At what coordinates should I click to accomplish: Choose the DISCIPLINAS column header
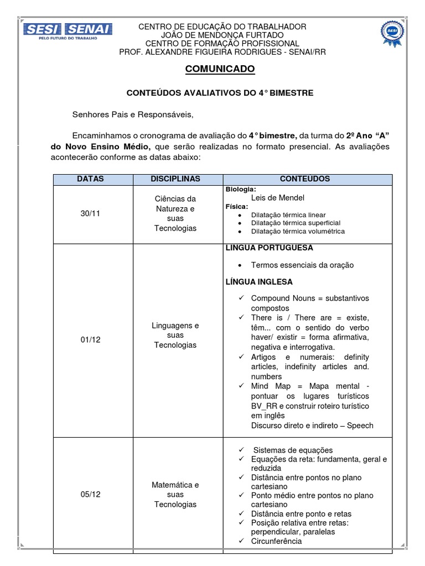[175, 179]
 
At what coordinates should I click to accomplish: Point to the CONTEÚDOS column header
[304, 179]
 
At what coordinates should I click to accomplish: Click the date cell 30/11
[90, 213]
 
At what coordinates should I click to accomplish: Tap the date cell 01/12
[90, 340]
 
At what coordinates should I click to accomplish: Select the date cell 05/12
[90, 495]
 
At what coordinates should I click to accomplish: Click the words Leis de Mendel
[277, 197]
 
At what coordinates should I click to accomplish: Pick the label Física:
[237, 206]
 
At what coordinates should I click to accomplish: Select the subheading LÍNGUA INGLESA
[259, 282]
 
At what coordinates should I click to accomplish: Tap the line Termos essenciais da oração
[302, 265]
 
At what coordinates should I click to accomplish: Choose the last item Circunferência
[276, 541]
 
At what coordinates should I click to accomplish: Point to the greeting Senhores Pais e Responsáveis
[133, 114]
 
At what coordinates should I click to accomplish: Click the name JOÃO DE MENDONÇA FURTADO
[222, 35]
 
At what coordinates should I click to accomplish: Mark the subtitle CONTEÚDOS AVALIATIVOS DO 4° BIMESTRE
[220, 93]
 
